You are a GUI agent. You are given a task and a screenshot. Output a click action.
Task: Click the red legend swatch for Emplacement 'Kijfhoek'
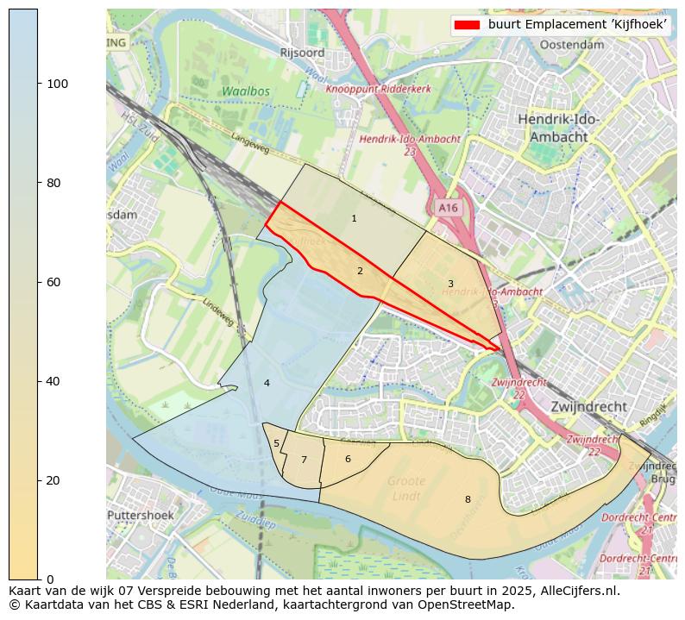coord(467,25)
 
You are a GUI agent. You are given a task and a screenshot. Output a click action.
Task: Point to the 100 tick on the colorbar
coord(39,84)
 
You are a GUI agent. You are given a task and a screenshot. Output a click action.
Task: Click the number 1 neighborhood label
coord(354,219)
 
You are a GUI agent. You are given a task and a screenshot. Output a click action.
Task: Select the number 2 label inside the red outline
coord(360,272)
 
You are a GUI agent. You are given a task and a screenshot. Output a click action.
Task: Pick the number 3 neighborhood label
coord(450,284)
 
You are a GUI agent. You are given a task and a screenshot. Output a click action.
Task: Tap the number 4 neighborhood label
coord(267,383)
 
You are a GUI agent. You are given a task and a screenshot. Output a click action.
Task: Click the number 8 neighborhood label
coord(468,499)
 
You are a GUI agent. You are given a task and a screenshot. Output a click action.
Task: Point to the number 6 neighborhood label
coord(348,459)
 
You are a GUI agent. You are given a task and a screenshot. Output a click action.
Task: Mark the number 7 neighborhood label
coord(304,460)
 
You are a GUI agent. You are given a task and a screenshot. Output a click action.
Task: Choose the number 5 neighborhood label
coord(276,444)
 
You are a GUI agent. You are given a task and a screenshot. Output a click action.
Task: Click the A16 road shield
coord(448,208)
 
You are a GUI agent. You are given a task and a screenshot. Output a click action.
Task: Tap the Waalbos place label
coord(245,91)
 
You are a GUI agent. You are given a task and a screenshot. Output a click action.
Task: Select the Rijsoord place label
coord(302,53)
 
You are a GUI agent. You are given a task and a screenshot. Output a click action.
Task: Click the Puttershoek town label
coord(141,516)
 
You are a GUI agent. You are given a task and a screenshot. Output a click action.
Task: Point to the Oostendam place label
coord(571,44)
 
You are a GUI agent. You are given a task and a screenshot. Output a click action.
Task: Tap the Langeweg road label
coord(250,143)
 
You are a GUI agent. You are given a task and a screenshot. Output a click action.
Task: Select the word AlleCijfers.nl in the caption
coord(573,591)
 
